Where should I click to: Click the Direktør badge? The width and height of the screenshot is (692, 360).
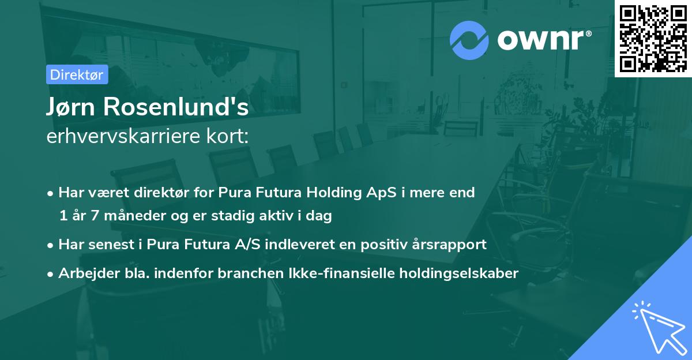click(77, 74)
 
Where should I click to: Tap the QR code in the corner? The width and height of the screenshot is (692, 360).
click(653, 38)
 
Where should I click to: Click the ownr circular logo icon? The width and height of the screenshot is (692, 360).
click(469, 39)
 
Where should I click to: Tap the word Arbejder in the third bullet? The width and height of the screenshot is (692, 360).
click(84, 273)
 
